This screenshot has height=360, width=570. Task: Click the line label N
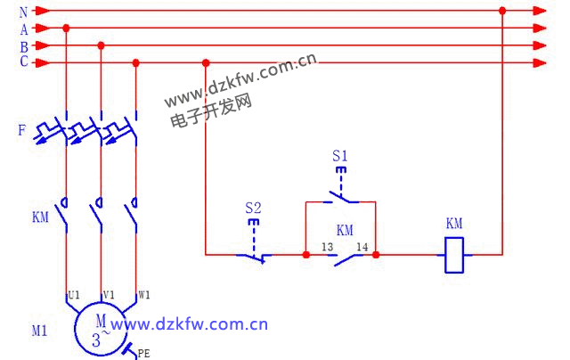(22, 12)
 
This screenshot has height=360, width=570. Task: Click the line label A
(22, 29)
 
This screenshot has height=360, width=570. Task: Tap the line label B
(22, 45)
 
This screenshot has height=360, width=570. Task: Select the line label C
(22, 62)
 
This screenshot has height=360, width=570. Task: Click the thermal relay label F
(21, 131)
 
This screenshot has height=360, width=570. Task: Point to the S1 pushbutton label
(339, 156)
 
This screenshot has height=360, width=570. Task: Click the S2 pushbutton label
(253, 209)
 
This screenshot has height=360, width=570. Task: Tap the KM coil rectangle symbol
(454, 255)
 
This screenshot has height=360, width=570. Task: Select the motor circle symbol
(101, 330)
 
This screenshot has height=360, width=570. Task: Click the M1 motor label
(39, 331)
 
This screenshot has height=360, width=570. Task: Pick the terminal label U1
(75, 293)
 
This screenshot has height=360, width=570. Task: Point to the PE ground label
(144, 354)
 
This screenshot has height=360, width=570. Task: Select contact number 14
(362, 246)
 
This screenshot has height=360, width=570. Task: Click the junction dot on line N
(502, 11)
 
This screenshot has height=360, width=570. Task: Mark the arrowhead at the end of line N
(540, 11)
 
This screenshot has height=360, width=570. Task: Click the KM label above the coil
(454, 224)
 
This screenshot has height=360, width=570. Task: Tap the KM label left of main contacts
(40, 217)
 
